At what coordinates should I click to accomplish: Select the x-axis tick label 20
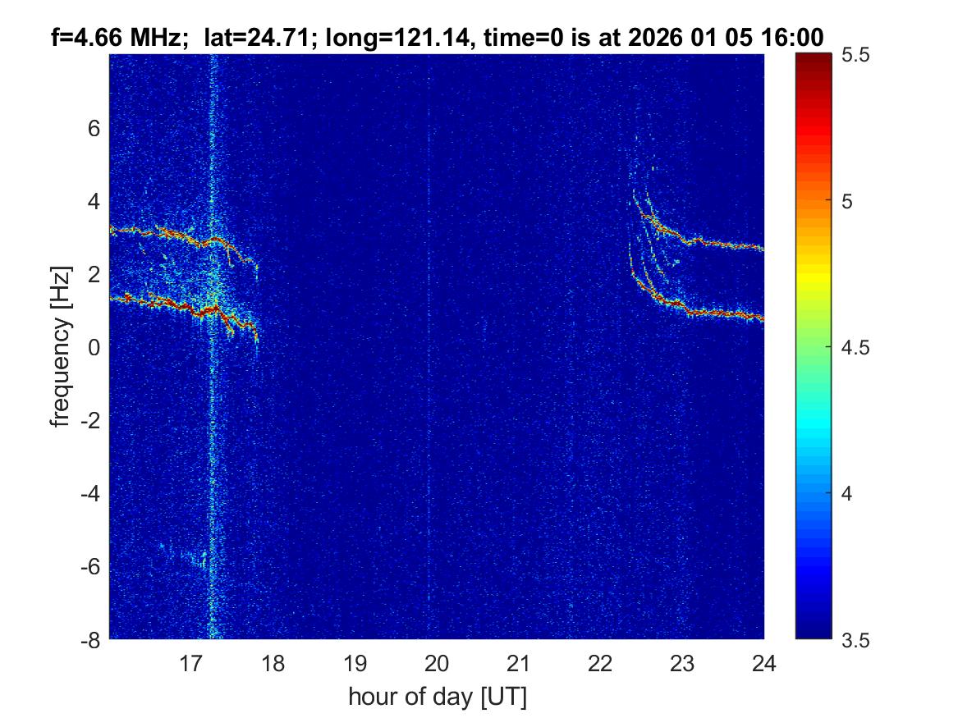(x=437, y=663)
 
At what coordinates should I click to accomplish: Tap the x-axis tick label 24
(x=763, y=663)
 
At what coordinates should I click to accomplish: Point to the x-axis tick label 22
(x=600, y=663)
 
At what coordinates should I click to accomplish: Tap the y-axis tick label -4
(x=89, y=493)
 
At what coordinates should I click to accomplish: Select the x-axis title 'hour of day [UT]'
(x=437, y=697)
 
